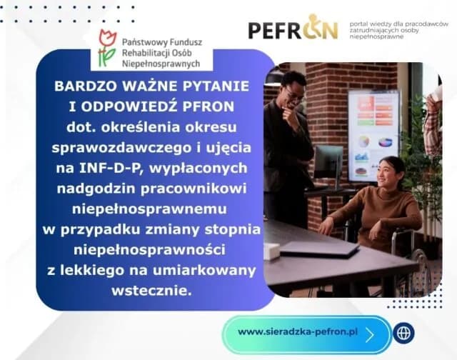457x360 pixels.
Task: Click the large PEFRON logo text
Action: [x=293, y=29]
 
